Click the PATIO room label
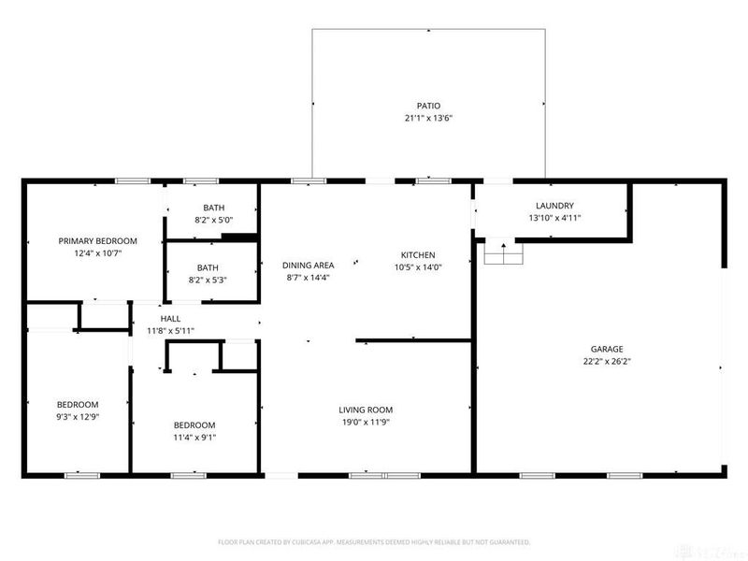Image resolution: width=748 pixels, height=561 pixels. coord(428,106)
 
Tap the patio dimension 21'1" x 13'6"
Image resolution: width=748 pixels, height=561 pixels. coord(428,119)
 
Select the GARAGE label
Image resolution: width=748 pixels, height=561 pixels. coord(605,348)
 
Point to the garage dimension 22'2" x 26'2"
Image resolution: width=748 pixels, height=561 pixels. coord(605,361)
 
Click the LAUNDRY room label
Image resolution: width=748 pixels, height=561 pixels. coord(554,206)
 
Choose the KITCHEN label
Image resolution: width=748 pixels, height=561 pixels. coord(418,254)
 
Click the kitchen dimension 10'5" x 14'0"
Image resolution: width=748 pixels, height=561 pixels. coord(418,267)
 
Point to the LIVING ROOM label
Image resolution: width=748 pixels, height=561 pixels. coord(366,410)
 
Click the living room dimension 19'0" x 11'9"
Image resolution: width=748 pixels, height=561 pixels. coord(366,422)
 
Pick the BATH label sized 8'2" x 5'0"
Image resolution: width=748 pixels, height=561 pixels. coord(213,208)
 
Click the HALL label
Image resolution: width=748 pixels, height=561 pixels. coord(170,318)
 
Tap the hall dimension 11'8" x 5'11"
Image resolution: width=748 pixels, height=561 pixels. coord(170,330)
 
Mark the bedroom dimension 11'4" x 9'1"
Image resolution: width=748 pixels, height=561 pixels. coord(194,437)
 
